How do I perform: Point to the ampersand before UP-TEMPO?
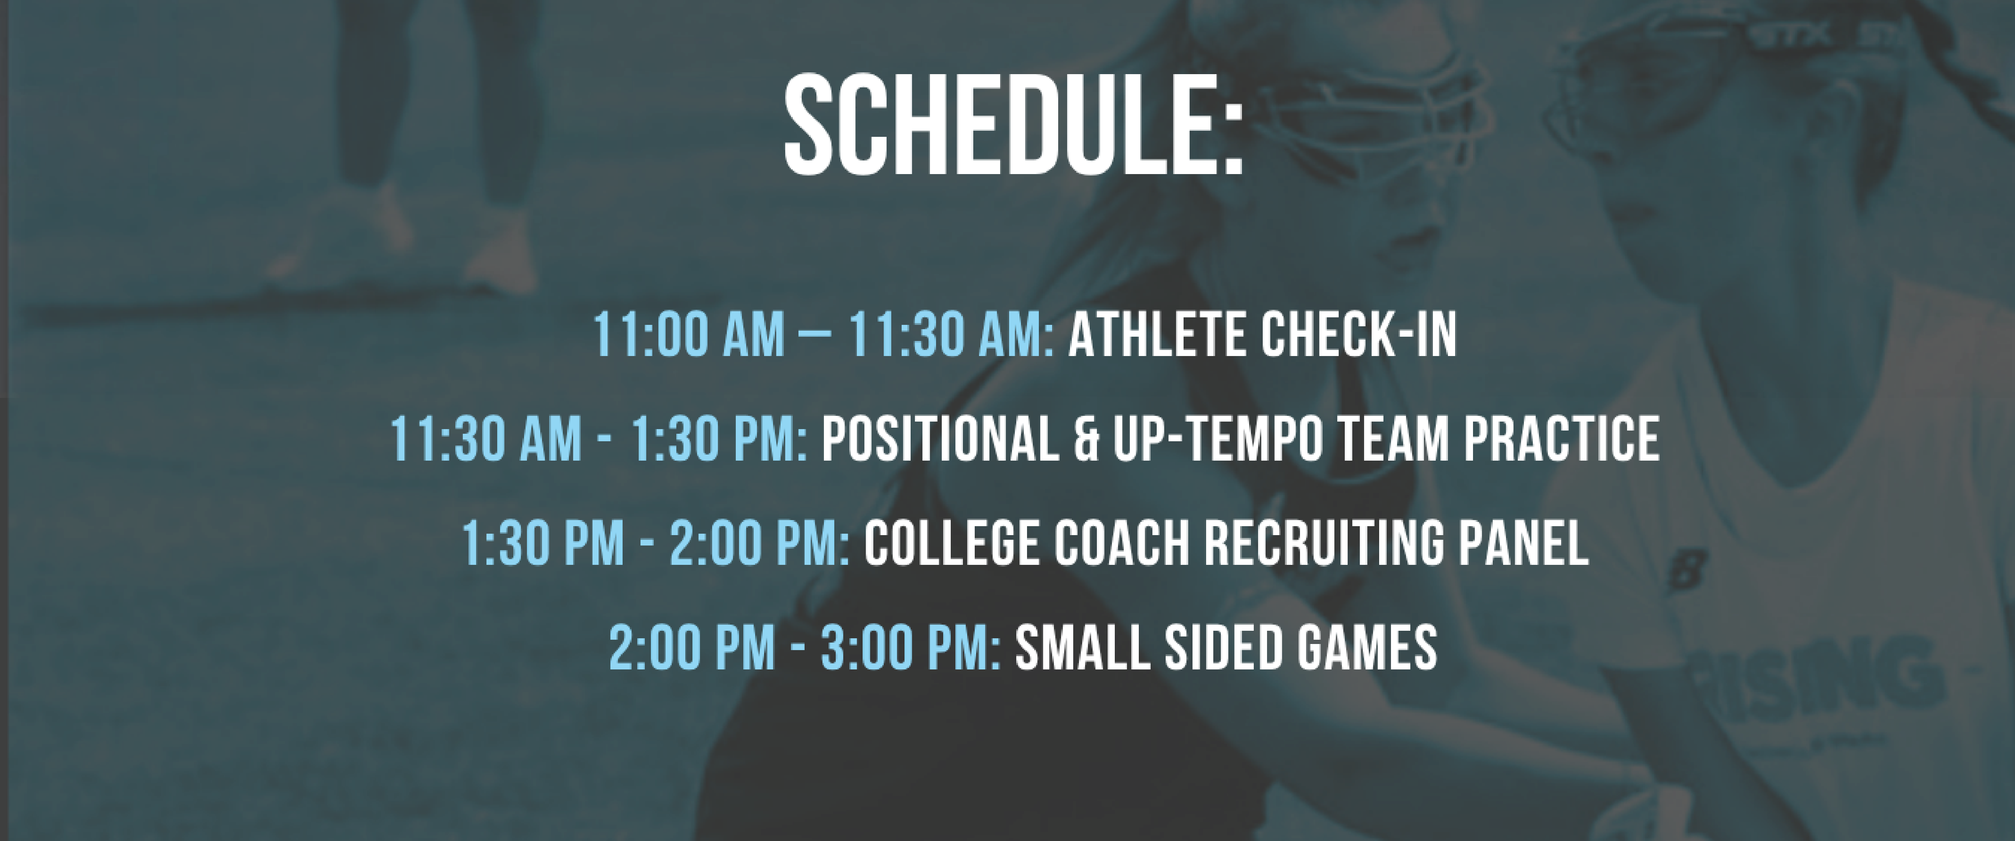point(1086,439)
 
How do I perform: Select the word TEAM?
point(1393,439)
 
